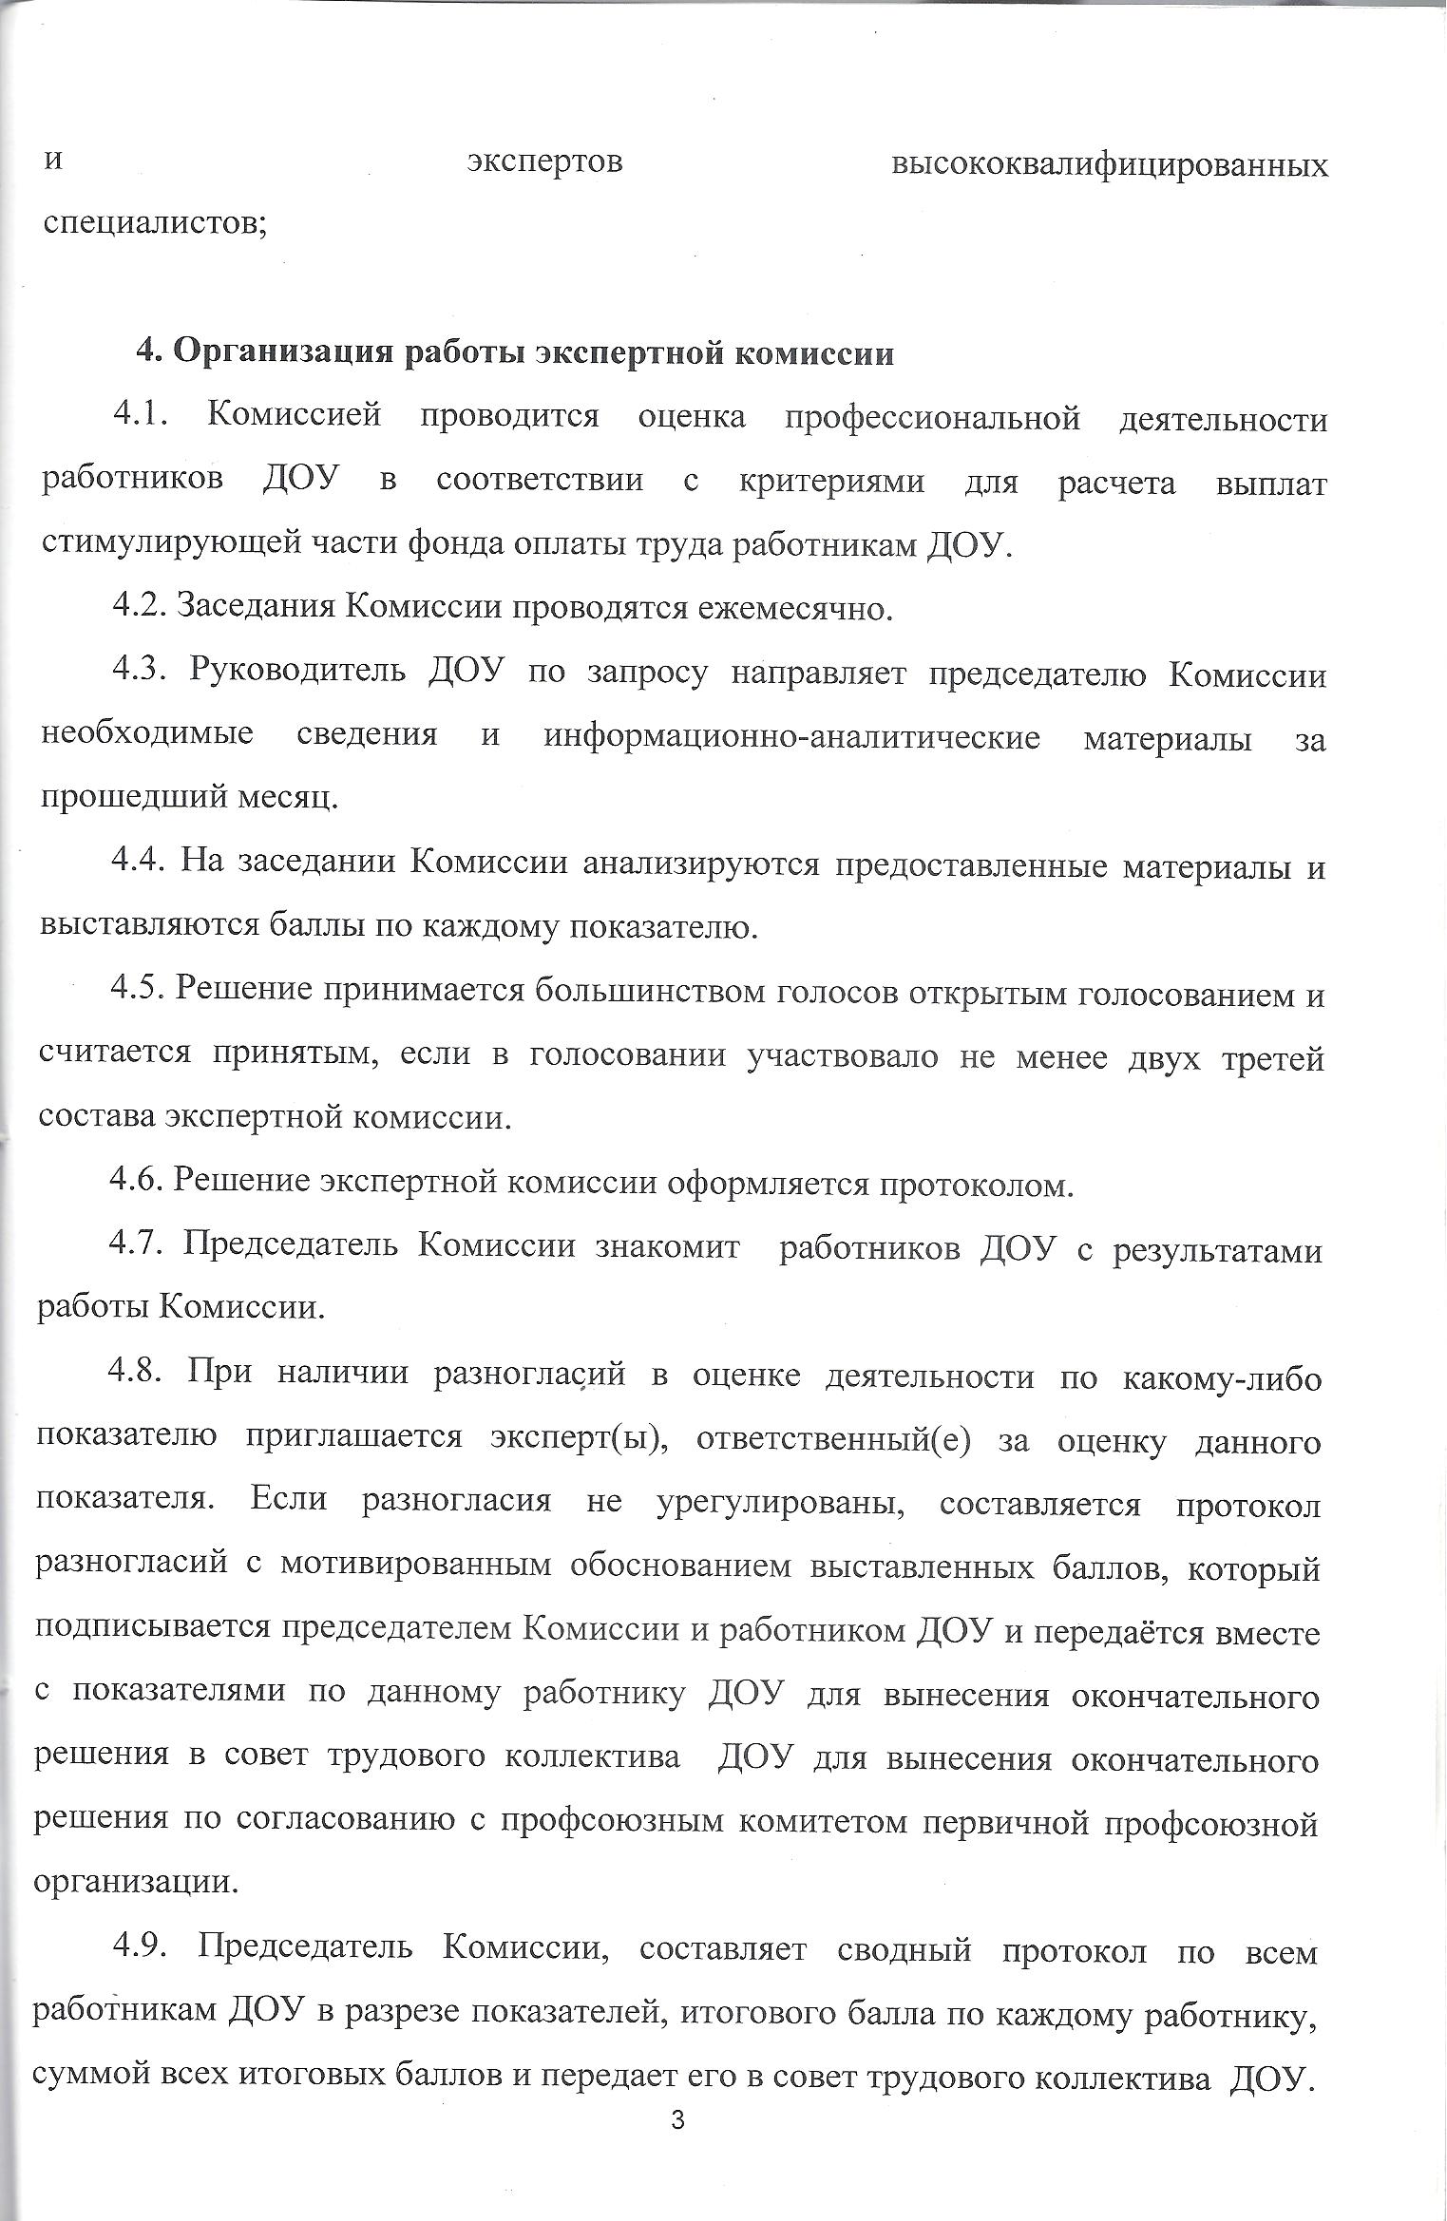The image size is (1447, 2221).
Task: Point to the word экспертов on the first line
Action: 545,163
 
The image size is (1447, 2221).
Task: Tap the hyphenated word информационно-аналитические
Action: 791,738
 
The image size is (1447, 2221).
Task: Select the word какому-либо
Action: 1222,1376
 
